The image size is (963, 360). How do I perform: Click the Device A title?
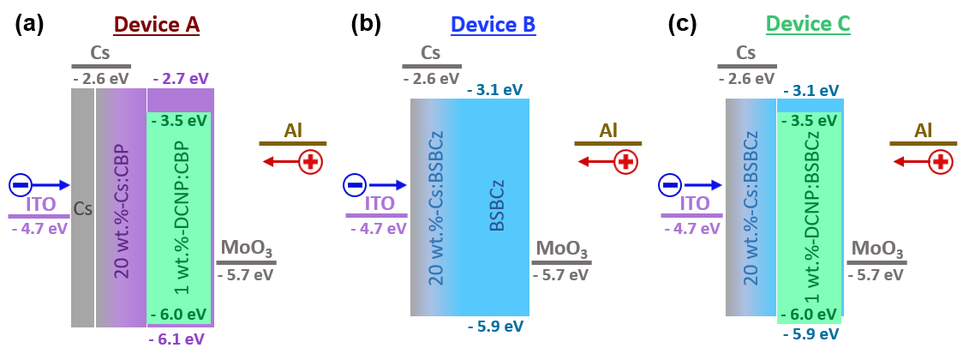157,25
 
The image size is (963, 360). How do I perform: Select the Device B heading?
493,25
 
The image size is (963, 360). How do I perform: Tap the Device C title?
808,24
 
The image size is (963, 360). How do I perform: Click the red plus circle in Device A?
310,161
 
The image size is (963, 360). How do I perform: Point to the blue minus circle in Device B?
355,185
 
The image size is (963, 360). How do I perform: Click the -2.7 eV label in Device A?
181,79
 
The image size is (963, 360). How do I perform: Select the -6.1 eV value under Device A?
176,339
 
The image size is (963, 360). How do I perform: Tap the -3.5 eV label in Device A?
178,121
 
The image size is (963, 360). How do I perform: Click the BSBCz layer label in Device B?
496,206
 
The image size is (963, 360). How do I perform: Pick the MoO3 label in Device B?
562,249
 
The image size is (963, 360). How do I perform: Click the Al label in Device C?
923,131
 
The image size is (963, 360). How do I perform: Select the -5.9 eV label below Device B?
495,327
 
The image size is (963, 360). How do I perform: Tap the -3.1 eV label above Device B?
494,90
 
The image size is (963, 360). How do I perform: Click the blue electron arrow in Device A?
52,184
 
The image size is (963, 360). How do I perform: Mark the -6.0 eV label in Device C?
810,315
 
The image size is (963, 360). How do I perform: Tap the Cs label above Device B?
431,53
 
